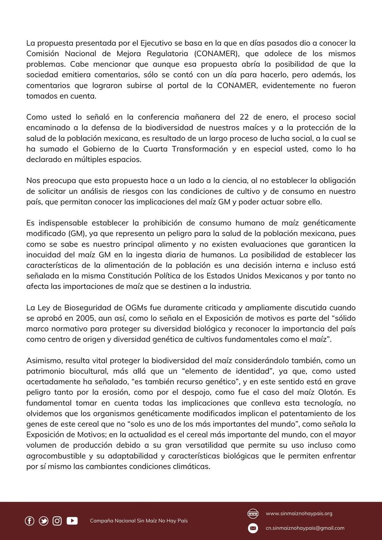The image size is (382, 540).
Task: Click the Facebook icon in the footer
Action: tap(29, 521)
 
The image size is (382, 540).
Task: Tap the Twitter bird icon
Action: tap(43, 521)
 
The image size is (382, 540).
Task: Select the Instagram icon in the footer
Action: tap(57, 521)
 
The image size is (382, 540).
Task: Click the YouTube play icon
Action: tap(72, 521)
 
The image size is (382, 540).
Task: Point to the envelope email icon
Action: tap(253, 528)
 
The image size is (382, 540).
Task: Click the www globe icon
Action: tap(253, 513)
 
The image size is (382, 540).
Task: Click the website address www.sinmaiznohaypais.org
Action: tap(299, 513)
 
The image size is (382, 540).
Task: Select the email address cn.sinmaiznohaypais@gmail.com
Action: tap(305, 528)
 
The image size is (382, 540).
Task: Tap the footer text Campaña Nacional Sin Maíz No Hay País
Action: tap(139, 521)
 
